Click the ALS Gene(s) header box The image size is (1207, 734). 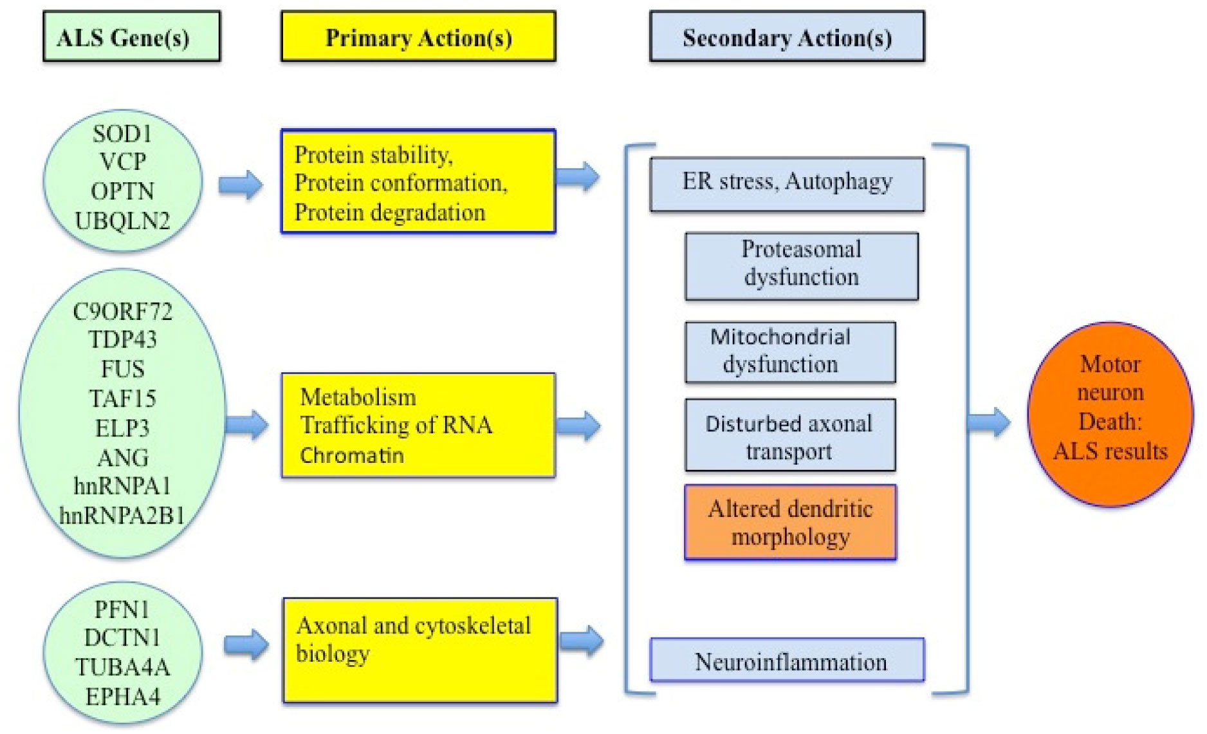131,37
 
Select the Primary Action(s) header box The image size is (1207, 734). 418,37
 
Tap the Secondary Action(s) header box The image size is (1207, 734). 787,37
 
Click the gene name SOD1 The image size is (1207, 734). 122,134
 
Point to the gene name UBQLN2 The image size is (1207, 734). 122,221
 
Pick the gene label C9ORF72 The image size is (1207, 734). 122,312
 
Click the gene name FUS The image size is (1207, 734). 122,369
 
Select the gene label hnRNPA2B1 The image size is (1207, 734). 122,515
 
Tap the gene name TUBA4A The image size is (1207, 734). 122,667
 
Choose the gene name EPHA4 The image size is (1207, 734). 122,697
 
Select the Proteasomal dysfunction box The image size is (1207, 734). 801,266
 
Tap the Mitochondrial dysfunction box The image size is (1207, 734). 790,352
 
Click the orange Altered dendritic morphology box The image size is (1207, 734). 790,522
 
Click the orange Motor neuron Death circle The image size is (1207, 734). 1110,414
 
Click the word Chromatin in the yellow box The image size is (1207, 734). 352,455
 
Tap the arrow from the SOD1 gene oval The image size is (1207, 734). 240,185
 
